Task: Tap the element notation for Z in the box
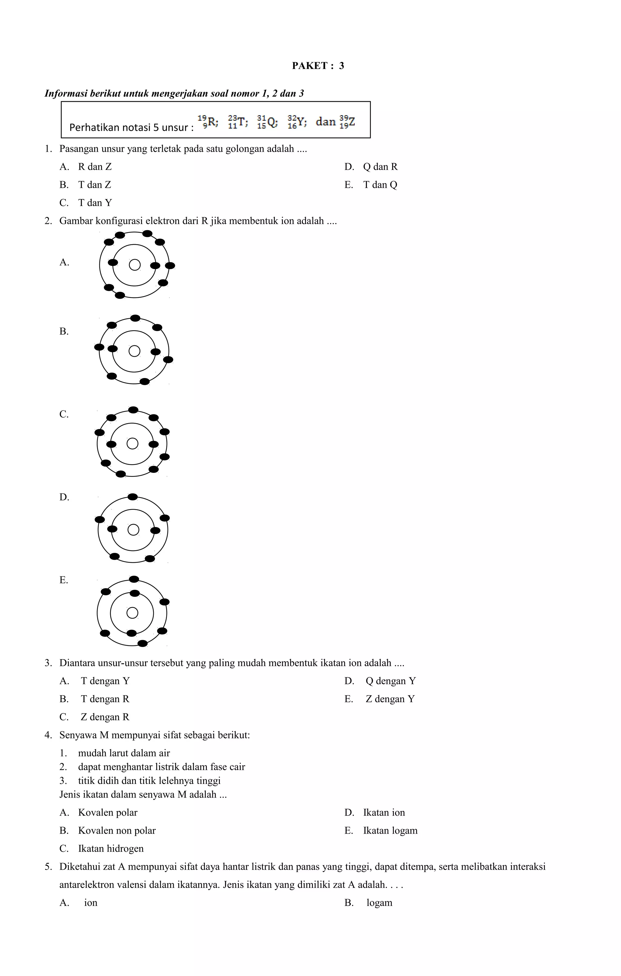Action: (347, 121)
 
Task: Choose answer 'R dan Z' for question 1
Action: (95, 167)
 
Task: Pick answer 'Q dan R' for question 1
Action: (380, 167)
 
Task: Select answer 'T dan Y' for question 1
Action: (95, 203)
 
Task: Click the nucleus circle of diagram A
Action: (135, 265)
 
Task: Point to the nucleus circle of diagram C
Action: (132, 443)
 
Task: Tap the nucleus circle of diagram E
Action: (132, 612)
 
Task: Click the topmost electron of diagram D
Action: (133, 497)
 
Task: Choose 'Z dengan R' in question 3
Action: (105, 717)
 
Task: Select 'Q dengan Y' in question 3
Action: (390, 681)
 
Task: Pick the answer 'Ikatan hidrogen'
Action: (111, 848)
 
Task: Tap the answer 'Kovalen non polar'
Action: (117, 831)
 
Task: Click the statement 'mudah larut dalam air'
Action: (124, 753)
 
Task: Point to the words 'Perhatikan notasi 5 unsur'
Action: (129, 128)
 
